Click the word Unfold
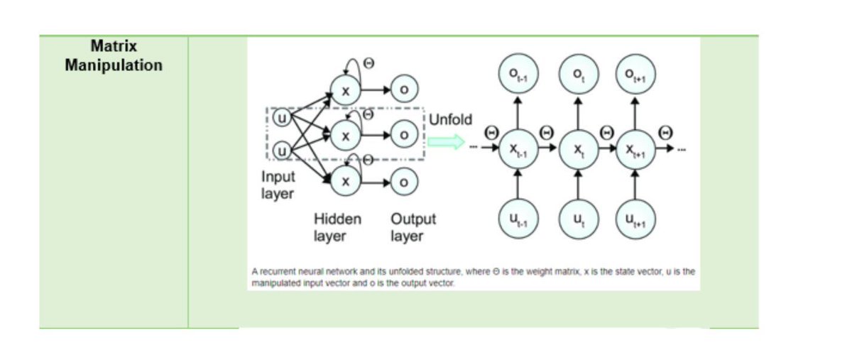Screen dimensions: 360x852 (450, 119)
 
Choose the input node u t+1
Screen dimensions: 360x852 (635, 220)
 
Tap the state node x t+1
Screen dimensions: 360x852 (635, 149)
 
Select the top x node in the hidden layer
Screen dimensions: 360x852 (346, 90)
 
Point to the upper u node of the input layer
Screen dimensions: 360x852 (282, 118)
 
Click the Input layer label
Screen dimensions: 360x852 (278, 185)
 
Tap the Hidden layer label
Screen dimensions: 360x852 (337, 227)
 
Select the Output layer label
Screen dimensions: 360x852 (413, 227)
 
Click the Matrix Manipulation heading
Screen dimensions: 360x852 (114, 56)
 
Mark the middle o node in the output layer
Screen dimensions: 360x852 (403, 134)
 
